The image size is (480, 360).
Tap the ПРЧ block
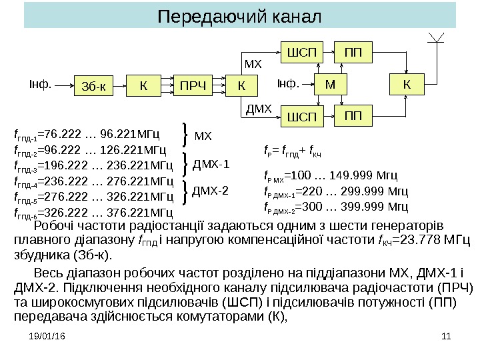[x=191, y=85]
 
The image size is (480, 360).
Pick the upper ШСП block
[x=301, y=52]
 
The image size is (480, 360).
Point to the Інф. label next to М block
[x=288, y=84]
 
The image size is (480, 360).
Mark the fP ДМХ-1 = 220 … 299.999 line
[x=331, y=191]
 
